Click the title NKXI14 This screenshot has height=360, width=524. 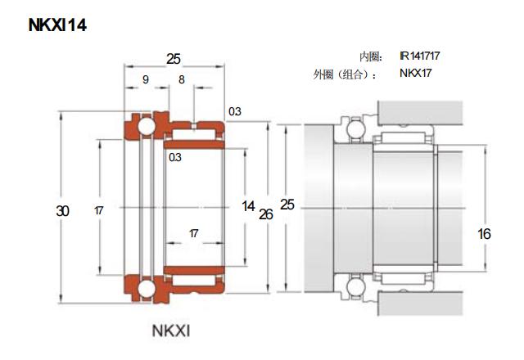click(x=57, y=25)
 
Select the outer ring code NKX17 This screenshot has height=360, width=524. click(x=415, y=74)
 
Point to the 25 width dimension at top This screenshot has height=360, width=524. click(x=174, y=59)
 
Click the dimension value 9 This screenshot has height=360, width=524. click(x=145, y=79)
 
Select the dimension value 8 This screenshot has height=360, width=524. click(x=181, y=79)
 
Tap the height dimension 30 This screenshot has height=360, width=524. click(x=63, y=210)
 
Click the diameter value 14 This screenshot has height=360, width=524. click(x=249, y=206)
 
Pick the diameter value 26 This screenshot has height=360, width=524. click(x=265, y=214)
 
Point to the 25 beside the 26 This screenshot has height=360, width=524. click(x=287, y=205)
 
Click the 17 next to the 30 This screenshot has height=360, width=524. click(x=98, y=211)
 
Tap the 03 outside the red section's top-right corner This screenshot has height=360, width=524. click(x=235, y=111)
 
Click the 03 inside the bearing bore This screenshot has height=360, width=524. click(x=175, y=157)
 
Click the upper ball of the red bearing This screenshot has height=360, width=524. click(x=144, y=128)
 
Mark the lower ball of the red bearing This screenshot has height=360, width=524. click(x=144, y=288)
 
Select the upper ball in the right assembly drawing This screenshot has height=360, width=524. click(x=355, y=128)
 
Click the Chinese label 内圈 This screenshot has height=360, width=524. click(x=371, y=56)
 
